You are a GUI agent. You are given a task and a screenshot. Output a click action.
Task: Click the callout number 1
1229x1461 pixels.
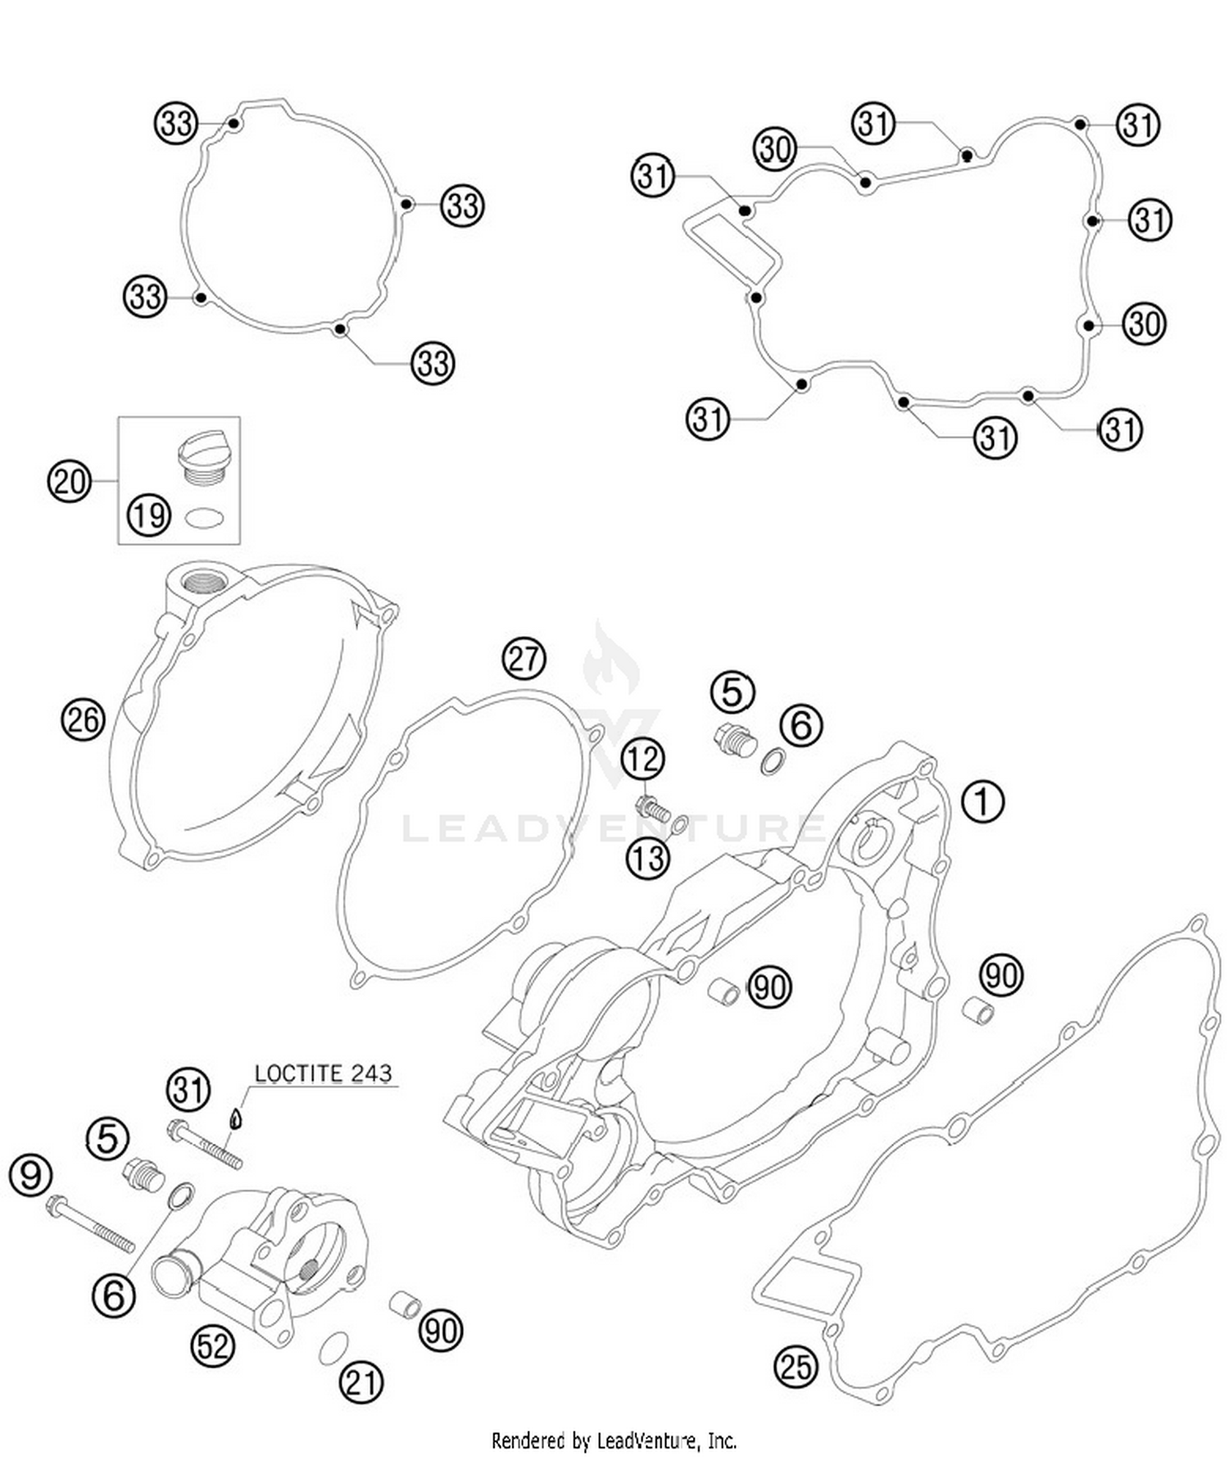(x=982, y=801)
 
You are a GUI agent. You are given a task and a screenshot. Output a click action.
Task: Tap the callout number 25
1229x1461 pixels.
(x=796, y=1366)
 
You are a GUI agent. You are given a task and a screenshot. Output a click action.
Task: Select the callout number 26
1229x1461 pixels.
(x=83, y=720)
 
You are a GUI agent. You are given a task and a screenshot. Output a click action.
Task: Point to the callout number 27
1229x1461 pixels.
(x=524, y=658)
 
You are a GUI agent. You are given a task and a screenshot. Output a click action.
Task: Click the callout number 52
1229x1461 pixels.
(x=212, y=1345)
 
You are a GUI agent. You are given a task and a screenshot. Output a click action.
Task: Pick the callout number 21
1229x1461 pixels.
(x=361, y=1382)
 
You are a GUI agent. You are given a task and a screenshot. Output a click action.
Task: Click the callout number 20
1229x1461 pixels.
(x=69, y=481)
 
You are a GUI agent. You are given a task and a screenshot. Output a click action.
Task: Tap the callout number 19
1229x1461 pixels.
(x=148, y=515)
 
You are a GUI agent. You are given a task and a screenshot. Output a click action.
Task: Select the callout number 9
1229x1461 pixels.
(x=30, y=1175)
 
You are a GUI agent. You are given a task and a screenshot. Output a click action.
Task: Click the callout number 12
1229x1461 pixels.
(x=642, y=760)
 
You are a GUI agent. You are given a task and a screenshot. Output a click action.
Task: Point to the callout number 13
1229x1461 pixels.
(x=648, y=859)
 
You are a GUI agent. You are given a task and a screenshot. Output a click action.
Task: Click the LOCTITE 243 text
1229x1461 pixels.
(x=323, y=1073)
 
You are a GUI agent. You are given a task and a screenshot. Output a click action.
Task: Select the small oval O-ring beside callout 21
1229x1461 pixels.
(x=333, y=1347)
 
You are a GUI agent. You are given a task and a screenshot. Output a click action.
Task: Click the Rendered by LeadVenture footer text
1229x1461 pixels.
(x=614, y=1440)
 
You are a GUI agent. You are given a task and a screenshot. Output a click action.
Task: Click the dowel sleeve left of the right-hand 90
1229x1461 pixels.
(x=977, y=1010)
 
